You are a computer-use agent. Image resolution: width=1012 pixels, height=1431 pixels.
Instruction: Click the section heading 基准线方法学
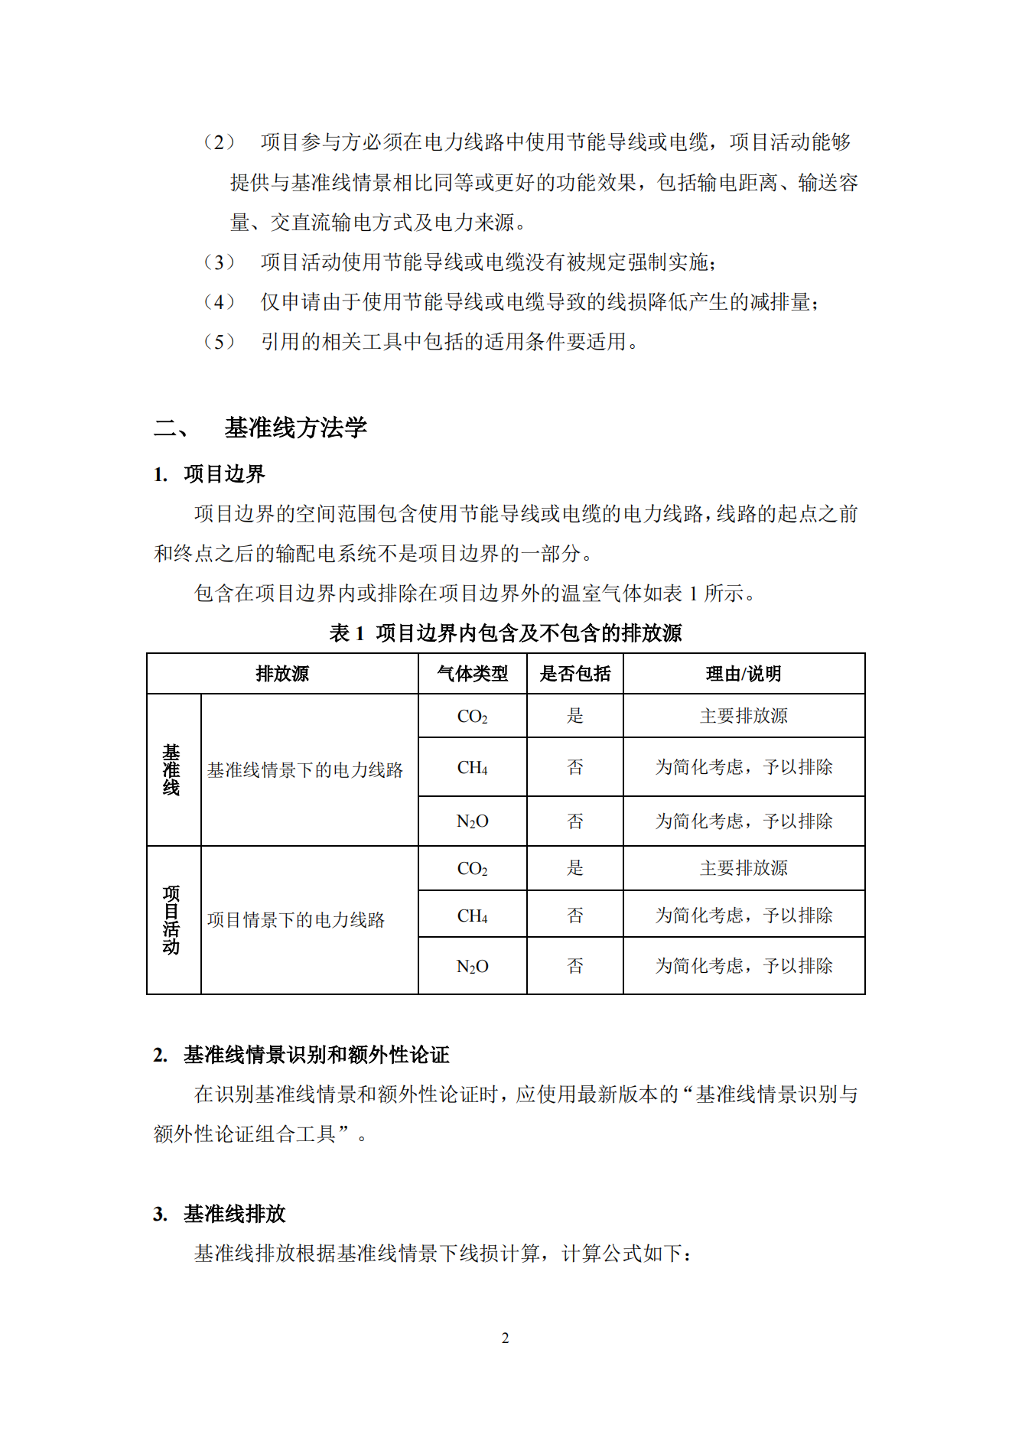click(x=295, y=428)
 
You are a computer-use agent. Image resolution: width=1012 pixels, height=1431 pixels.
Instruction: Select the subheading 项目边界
click(x=224, y=474)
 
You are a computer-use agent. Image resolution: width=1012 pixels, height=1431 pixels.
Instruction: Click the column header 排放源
click(x=282, y=674)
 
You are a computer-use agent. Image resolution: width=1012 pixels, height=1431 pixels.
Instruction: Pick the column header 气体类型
click(x=472, y=674)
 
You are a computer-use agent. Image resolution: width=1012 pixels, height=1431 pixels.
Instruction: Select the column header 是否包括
click(x=574, y=674)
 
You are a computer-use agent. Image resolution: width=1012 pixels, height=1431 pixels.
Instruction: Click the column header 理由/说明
click(x=744, y=674)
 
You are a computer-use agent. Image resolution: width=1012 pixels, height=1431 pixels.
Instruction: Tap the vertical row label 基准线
click(x=171, y=769)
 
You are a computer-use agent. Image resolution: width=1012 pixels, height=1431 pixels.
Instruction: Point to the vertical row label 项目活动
click(x=171, y=920)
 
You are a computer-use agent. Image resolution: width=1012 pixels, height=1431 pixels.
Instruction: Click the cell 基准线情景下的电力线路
click(x=305, y=770)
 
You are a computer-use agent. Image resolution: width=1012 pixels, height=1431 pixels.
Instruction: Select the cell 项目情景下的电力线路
click(x=296, y=920)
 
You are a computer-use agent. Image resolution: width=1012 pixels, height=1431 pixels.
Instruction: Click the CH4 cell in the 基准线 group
click(x=472, y=767)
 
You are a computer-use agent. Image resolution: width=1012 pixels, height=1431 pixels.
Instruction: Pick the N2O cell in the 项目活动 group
click(x=472, y=967)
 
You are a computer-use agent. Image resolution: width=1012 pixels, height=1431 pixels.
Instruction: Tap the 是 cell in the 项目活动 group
click(x=574, y=868)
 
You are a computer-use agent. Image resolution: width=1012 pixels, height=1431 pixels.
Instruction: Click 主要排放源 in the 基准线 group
click(x=744, y=716)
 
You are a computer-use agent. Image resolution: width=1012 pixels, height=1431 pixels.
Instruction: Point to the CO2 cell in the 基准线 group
click(x=472, y=717)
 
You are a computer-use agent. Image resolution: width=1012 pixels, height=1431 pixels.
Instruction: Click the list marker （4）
click(x=219, y=302)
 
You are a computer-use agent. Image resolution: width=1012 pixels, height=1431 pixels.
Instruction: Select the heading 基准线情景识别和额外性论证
click(x=316, y=1055)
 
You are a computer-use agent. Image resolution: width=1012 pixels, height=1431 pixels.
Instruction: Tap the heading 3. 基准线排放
click(x=220, y=1214)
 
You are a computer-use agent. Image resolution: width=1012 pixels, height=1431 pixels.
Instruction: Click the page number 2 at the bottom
click(x=505, y=1338)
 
